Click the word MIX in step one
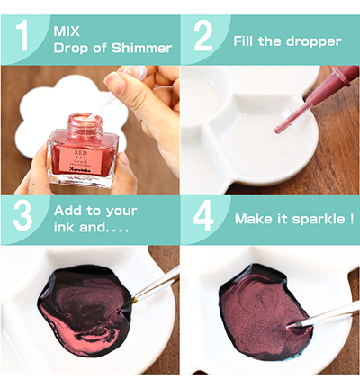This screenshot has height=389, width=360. pos(66,31)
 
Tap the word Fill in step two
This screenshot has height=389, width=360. pos(247,41)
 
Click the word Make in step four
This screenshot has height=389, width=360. pos(253,219)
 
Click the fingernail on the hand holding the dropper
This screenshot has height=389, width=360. pos(115,83)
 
